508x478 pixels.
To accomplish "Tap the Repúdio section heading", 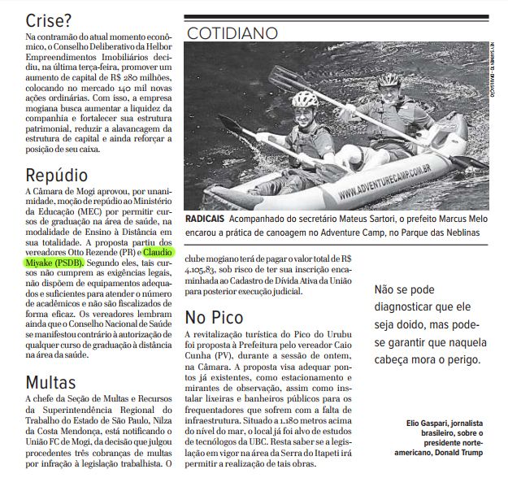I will tap(56, 176).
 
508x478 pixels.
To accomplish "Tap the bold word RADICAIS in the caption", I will tap(204, 219).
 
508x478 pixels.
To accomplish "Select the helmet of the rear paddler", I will tap(389, 80).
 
